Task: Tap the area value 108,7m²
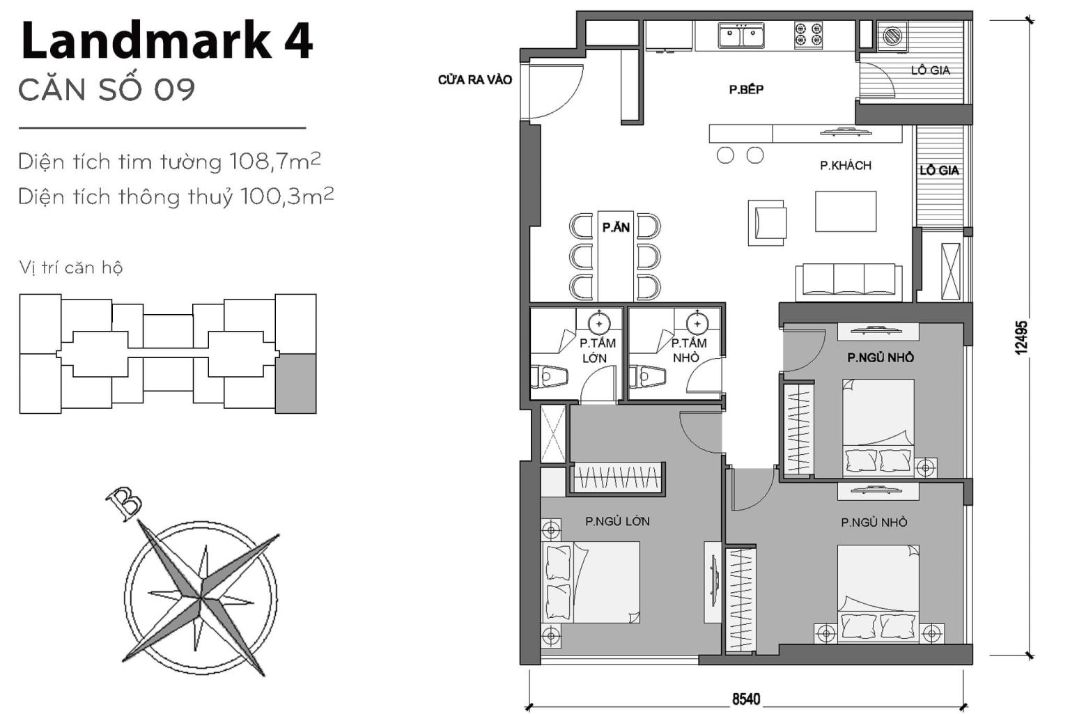point(274,162)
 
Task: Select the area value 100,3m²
point(286,196)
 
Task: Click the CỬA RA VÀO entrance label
point(474,80)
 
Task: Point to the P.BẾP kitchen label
point(746,89)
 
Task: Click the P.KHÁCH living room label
point(845,165)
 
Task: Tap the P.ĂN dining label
point(616,227)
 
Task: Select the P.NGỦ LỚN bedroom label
point(617,521)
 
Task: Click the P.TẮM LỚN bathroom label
point(597,350)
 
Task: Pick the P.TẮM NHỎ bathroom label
point(688,350)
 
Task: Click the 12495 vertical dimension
point(1021,337)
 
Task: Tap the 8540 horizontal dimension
point(745,699)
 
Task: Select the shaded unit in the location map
point(296,383)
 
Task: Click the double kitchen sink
point(741,35)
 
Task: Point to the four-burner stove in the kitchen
point(808,35)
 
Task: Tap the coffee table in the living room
point(846,212)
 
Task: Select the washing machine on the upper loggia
point(892,36)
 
